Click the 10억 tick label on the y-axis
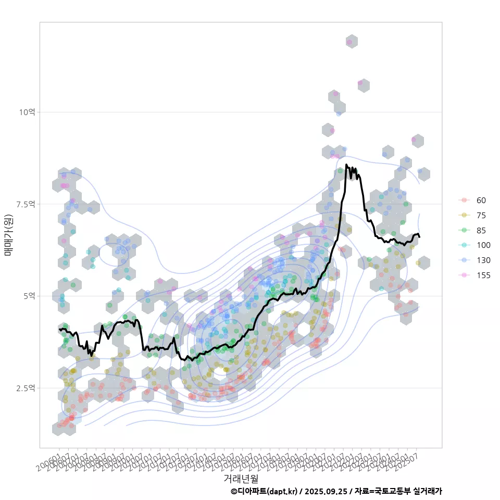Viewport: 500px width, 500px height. [28, 112]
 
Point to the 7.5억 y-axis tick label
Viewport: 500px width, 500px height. [26, 204]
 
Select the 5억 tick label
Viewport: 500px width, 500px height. [29, 296]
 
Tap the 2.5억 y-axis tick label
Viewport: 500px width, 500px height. [26, 388]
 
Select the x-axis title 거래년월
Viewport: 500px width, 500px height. [241, 478]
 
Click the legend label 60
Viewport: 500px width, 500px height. [481, 201]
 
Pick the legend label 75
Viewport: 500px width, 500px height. [481, 216]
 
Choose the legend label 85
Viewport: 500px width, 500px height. [481, 230]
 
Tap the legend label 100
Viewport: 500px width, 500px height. [483, 245]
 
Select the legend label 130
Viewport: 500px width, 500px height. [483, 260]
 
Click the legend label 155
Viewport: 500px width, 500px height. [483, 276]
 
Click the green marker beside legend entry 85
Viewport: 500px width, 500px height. [464, 230]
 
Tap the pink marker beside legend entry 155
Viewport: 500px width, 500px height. [464, 276]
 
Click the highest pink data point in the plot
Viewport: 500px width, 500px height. [349, 42]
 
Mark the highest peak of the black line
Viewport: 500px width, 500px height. [346, 165]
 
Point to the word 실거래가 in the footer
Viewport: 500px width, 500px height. [427, 491]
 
